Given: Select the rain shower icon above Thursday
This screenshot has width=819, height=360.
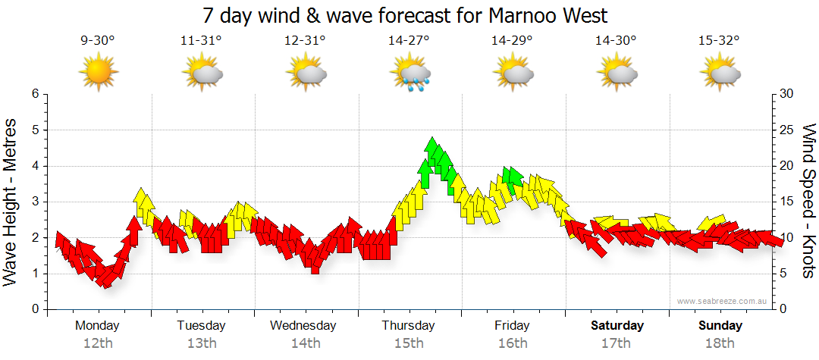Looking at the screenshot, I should [410, 74].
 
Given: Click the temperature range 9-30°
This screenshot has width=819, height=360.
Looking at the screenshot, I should [98, 40].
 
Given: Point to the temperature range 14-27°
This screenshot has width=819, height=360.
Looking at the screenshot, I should [409, 40].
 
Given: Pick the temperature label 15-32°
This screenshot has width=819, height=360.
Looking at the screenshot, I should [719, 40].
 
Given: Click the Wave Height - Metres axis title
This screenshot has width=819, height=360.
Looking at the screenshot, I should [12, 202].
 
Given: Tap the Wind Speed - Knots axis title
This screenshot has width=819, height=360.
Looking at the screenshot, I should [808, 202].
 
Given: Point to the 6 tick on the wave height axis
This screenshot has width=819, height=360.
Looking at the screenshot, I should [34, 94].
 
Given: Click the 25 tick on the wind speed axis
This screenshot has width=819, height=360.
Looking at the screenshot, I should [786, 130].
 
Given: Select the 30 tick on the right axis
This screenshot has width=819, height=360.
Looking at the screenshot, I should [786, 94].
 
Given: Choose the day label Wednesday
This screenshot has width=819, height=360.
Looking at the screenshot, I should [303, 326].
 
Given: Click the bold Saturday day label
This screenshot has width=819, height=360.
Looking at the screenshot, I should [617, 326].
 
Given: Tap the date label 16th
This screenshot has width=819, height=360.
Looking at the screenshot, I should [513, 343].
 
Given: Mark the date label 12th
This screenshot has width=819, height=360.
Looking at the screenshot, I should [98, 343].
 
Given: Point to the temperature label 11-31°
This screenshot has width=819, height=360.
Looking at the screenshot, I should [201, 40].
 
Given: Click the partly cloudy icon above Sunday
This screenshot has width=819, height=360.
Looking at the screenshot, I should [720, 74].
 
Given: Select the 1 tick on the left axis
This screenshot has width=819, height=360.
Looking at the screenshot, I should [34, 274].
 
